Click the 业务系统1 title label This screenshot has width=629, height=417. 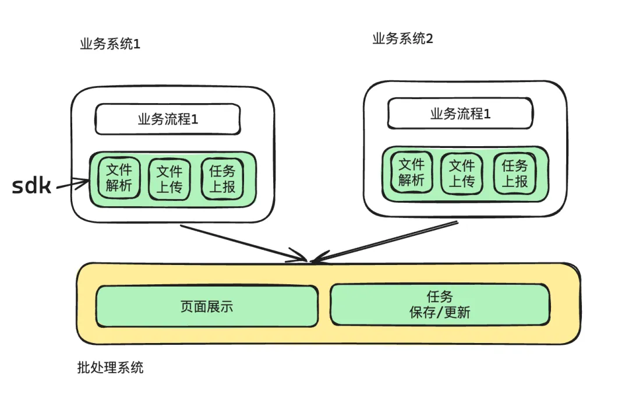[110, 45]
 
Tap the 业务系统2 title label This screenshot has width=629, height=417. [402, 40]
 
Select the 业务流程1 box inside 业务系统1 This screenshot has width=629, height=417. [168, 119]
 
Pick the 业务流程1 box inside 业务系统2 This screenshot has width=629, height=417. [460, 114]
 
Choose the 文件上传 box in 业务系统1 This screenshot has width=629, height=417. [170, 179]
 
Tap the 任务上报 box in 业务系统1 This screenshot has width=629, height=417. [222, 179]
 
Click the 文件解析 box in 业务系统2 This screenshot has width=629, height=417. [412, 173]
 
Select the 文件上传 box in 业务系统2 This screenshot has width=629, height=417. [462, 173]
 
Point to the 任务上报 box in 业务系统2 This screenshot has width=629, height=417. [514, 173]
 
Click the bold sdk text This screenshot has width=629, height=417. [32, 186]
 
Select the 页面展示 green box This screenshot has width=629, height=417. [207, 306]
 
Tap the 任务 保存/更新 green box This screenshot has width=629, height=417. [440, 305]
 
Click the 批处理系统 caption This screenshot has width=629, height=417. [110, 368]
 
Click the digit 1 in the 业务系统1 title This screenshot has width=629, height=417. [137, 45]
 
